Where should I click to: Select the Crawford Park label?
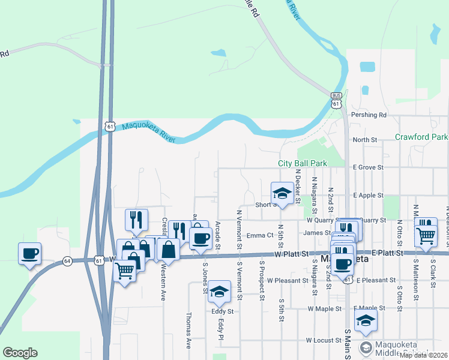[421, 137]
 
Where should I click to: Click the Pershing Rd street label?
[370, 115]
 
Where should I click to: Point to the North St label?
[364, 140]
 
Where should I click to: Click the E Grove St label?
[367, 167]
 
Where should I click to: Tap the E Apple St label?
[368, 196]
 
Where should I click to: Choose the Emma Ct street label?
[260, 235]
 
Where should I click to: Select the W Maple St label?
[324, 308]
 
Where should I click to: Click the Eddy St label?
[221, 311]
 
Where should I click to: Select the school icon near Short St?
[282, 194]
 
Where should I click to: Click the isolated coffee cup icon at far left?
[29, 254]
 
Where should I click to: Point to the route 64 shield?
[67, 261]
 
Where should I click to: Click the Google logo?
[20, 353]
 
